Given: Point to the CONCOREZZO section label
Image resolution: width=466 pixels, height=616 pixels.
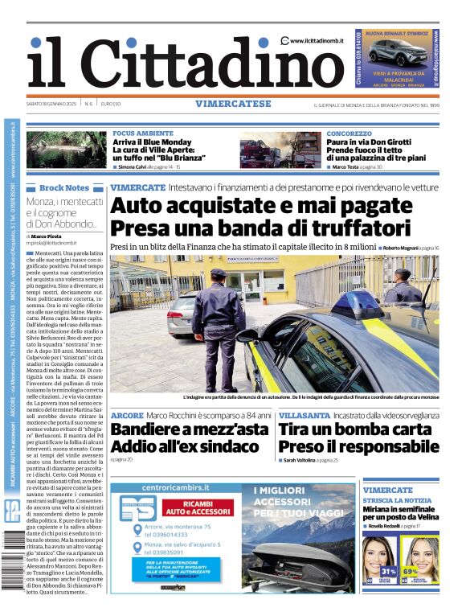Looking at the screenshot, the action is point(349,133).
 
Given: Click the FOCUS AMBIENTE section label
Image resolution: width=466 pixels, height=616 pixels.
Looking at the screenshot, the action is point(143,133).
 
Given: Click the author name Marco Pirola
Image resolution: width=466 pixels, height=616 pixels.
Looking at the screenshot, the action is point(47,236).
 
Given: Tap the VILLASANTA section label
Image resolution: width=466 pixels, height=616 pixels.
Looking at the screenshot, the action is point(304,415).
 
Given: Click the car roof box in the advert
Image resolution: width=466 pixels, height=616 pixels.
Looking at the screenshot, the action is point(300,553).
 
